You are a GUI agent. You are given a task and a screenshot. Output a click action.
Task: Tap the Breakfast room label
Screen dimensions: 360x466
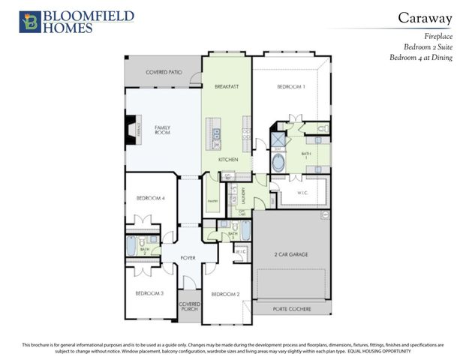pyautogui.click(x=227, y=87)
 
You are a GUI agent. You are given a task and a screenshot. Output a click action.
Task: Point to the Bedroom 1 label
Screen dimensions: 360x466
pyautogui.click(x=291, y=87)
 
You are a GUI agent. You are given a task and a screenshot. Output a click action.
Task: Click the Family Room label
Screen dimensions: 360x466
pyautogui.click(x=163, y=130)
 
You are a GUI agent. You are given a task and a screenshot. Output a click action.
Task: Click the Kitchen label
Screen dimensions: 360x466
pyautogui.click(x=228, y=160)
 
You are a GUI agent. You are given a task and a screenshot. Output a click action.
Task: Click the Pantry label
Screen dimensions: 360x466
pyautogui.click(x=212, y=201)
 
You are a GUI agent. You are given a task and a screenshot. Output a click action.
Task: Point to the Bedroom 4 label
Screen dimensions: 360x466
pyautogui.click(x=150, y=198)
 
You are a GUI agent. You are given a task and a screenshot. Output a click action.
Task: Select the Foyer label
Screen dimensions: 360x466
pyautogui.click(x=188, y=258)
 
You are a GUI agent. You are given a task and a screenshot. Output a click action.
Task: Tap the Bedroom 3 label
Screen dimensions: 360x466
pyautogui.click(x=149, y=293)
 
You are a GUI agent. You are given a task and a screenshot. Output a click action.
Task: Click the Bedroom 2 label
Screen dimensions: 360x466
pyautogui.click(x=225, y=293)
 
